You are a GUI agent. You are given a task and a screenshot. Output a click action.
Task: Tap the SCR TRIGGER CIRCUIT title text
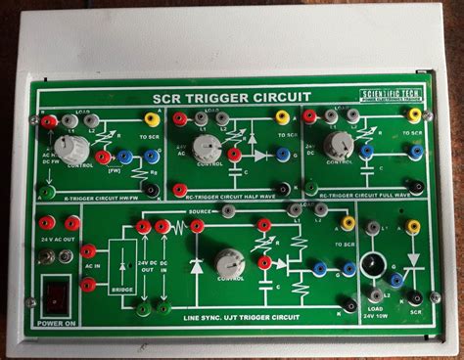pos(232,97)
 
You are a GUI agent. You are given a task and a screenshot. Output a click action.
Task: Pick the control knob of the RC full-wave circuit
pos(339,146)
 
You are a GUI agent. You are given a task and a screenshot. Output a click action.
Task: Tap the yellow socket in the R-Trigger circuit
pos(152,119)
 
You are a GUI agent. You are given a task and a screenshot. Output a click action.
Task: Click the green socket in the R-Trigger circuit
pos(46,193)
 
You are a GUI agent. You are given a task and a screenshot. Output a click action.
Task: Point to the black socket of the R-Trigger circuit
pos(151,189)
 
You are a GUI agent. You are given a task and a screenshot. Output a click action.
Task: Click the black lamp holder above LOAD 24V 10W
pos(372,264)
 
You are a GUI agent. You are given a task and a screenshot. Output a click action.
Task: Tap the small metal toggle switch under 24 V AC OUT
pos(45,257)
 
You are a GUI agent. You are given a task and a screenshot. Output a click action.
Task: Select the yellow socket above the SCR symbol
pos(413,227)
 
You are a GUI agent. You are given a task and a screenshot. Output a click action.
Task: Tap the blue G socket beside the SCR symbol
pos(395,279)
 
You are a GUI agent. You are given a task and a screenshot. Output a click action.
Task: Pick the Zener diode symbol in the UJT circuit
pos(196,265)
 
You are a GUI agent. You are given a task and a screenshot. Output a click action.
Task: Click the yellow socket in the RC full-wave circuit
pos(414,116)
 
